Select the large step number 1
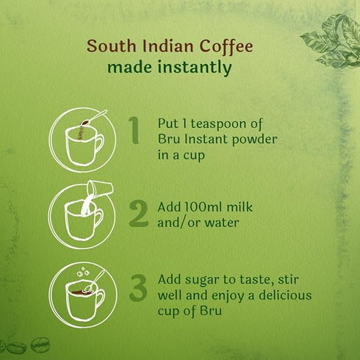coord(134,130)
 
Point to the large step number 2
coord(137,212)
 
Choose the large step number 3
coord(137,287)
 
